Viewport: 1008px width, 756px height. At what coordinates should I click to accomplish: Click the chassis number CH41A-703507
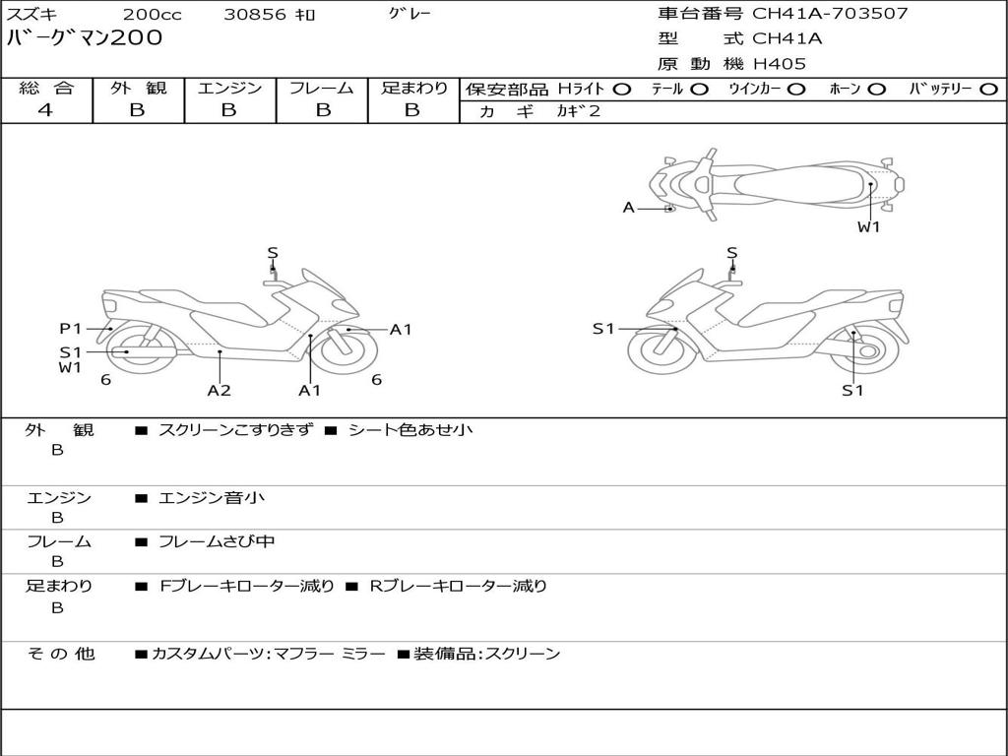click(x=830, y=14)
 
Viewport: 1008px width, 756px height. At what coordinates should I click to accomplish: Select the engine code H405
click(x=779, y=64)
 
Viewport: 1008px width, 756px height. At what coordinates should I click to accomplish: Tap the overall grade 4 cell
click(x=46, y=110)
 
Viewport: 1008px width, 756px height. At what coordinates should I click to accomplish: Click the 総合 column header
click(x=46, y=88)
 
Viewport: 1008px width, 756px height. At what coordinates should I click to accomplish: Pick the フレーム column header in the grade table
click(x=322, y=88)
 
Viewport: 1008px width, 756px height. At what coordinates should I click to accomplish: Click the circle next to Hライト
click(x=621, y=89)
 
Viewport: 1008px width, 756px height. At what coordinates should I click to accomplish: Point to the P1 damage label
click(x=70, y=329)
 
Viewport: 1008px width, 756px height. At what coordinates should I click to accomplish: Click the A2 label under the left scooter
click(x=219, y=390)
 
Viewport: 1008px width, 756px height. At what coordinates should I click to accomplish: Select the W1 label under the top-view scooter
click(x=868, y=227)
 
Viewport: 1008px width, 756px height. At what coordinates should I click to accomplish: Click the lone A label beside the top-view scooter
click(x=628, y=208)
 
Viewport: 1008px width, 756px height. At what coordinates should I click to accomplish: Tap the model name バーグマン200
click(x=85, y=38)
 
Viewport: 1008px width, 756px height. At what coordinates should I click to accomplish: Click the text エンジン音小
click(x=212, y=498)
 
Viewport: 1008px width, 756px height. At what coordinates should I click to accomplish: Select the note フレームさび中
click(x=217, y=541)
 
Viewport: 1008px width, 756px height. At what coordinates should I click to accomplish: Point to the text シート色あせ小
click(x=410, y=430)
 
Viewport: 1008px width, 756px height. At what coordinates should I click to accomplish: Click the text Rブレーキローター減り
click(x=458, y=586)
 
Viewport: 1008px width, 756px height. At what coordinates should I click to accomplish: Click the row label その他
click(x=60, y=653)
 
